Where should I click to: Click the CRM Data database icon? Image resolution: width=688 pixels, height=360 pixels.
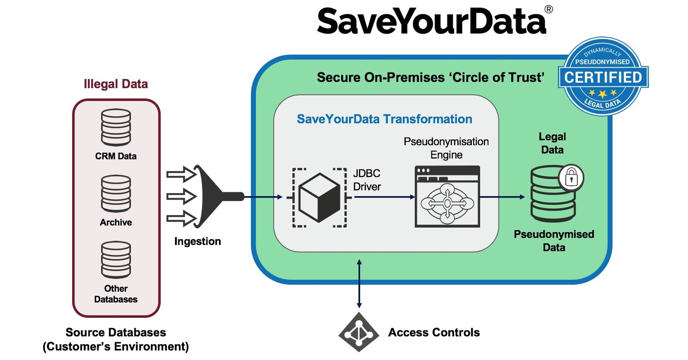coord(116,127)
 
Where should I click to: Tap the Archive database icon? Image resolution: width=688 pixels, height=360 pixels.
coord(116,194)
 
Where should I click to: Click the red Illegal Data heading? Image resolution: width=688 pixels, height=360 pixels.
coord(116,84)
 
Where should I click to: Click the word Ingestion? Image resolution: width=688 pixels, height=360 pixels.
coord(198,241)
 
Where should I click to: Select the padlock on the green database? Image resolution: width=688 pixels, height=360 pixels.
coord(571,177)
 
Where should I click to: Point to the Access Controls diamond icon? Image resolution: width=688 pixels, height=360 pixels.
coord(359,332)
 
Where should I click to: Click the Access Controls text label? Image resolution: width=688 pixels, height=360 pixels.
coord(434,332)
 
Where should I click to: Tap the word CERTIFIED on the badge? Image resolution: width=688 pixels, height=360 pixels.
coord(602,77)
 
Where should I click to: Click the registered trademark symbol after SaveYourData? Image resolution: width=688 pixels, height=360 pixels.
coord(548,10)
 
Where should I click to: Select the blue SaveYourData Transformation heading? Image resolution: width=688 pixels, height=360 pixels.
coord(384,119)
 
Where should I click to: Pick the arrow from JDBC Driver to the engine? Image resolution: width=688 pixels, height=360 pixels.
coord(384,197)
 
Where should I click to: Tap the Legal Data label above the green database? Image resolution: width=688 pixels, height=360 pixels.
coord(552,143)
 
